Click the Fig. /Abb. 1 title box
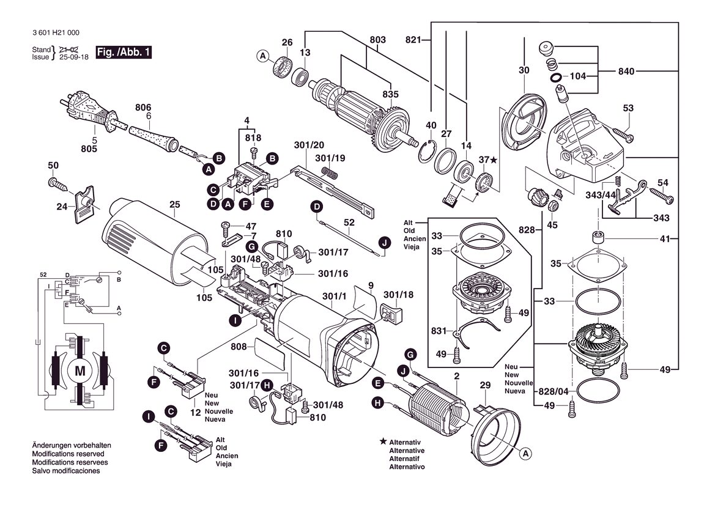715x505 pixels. coord(123,52)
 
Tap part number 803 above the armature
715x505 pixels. coord(377,40)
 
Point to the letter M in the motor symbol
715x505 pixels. coord(80,371)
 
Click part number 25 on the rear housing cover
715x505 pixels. coord(175,205)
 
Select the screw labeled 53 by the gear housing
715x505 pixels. coord(623,134)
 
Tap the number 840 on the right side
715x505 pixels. coord(626,71)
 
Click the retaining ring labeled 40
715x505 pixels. coord(428,152)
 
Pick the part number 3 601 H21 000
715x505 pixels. coord(56,33)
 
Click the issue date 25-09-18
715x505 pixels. coord(74,57)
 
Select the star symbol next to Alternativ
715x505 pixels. coord(383,441)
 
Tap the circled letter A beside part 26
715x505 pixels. coord(262,56)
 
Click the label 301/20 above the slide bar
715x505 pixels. coord(309,145)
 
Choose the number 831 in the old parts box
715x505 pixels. coord(439,330)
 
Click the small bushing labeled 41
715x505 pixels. coord(598,238)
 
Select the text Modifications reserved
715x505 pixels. coord(68,454)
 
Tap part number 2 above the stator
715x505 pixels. coord(456,377)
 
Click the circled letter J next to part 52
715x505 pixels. coord(385,243)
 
